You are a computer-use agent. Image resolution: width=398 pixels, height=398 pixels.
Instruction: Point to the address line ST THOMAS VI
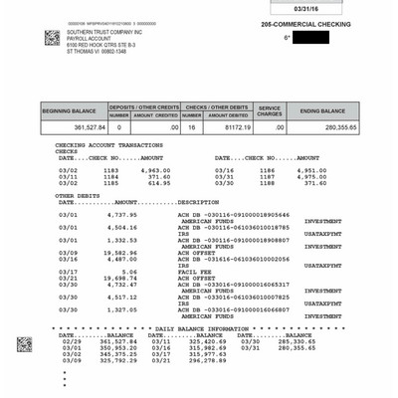(97, 53)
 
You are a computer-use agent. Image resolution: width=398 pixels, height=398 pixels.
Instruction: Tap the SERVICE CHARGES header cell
(270, 110)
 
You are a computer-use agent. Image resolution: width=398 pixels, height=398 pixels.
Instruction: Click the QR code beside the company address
(52, 38)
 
